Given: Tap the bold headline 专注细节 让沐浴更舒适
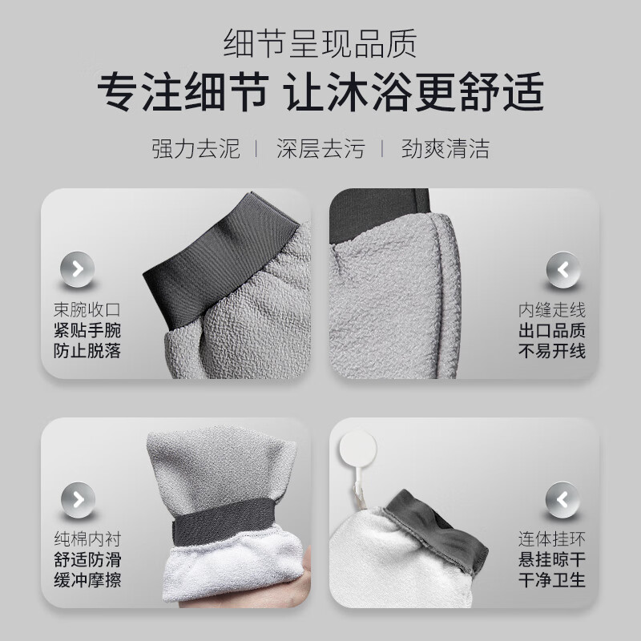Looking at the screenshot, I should coord(320,93).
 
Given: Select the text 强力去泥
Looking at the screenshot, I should coord(196,148).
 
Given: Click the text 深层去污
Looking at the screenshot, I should coord(320,148).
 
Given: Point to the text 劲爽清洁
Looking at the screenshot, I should coord(445,148).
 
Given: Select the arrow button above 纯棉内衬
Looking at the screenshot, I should coord(78,498).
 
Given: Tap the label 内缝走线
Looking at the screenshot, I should coord(553,309).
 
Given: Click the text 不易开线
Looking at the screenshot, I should coord(553,350).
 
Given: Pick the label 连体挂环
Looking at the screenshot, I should coord(553,538).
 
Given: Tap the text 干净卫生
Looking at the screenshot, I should coord(553,579).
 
